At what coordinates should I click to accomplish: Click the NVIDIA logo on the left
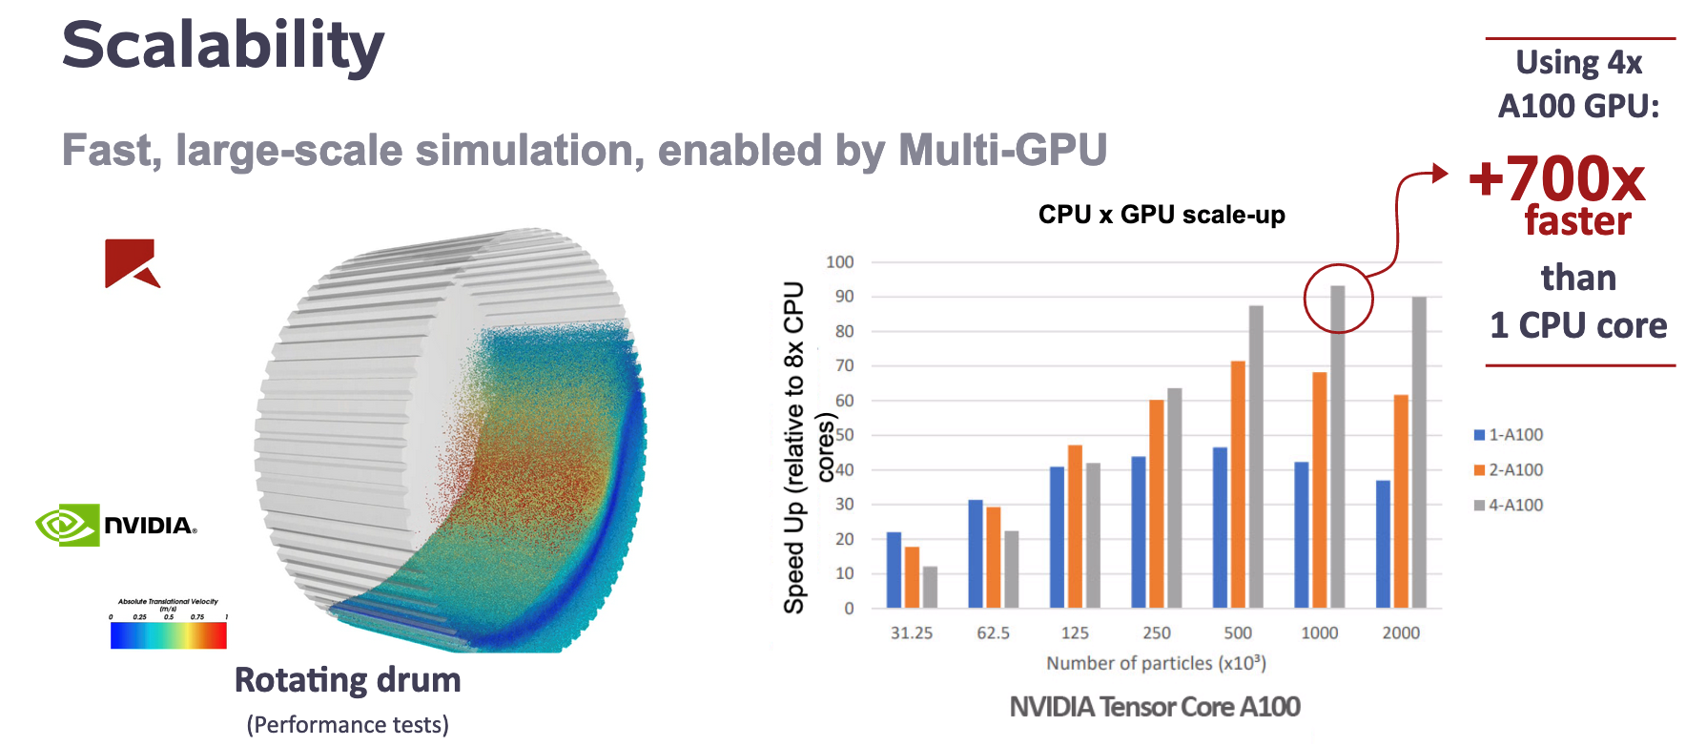[x=116, y=525]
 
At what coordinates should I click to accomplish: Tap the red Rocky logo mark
[x=132, y=262]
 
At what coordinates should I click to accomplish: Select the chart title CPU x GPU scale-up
[x=1161, y=215]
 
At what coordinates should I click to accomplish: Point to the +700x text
[x=1556, y=178]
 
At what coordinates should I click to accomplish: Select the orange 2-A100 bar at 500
[x=1238, y=485]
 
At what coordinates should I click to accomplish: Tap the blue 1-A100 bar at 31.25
[x=894, y=570]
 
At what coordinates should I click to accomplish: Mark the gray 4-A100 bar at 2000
[x=1419, y=452]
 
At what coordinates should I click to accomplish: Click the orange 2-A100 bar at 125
[x=1075, y=527]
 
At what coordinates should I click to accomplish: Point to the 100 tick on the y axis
[x=840, y=262]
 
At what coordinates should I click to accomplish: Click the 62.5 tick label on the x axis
[x=993, y=632]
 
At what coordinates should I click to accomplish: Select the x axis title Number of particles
[x=1156, y=663]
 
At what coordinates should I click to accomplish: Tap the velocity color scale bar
[x=169, y=635]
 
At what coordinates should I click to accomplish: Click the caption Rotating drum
[x=347, y=680]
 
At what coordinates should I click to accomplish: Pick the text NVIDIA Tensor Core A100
[x=1155, y=707]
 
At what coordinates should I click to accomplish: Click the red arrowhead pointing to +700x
[x=1440, y=174]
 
